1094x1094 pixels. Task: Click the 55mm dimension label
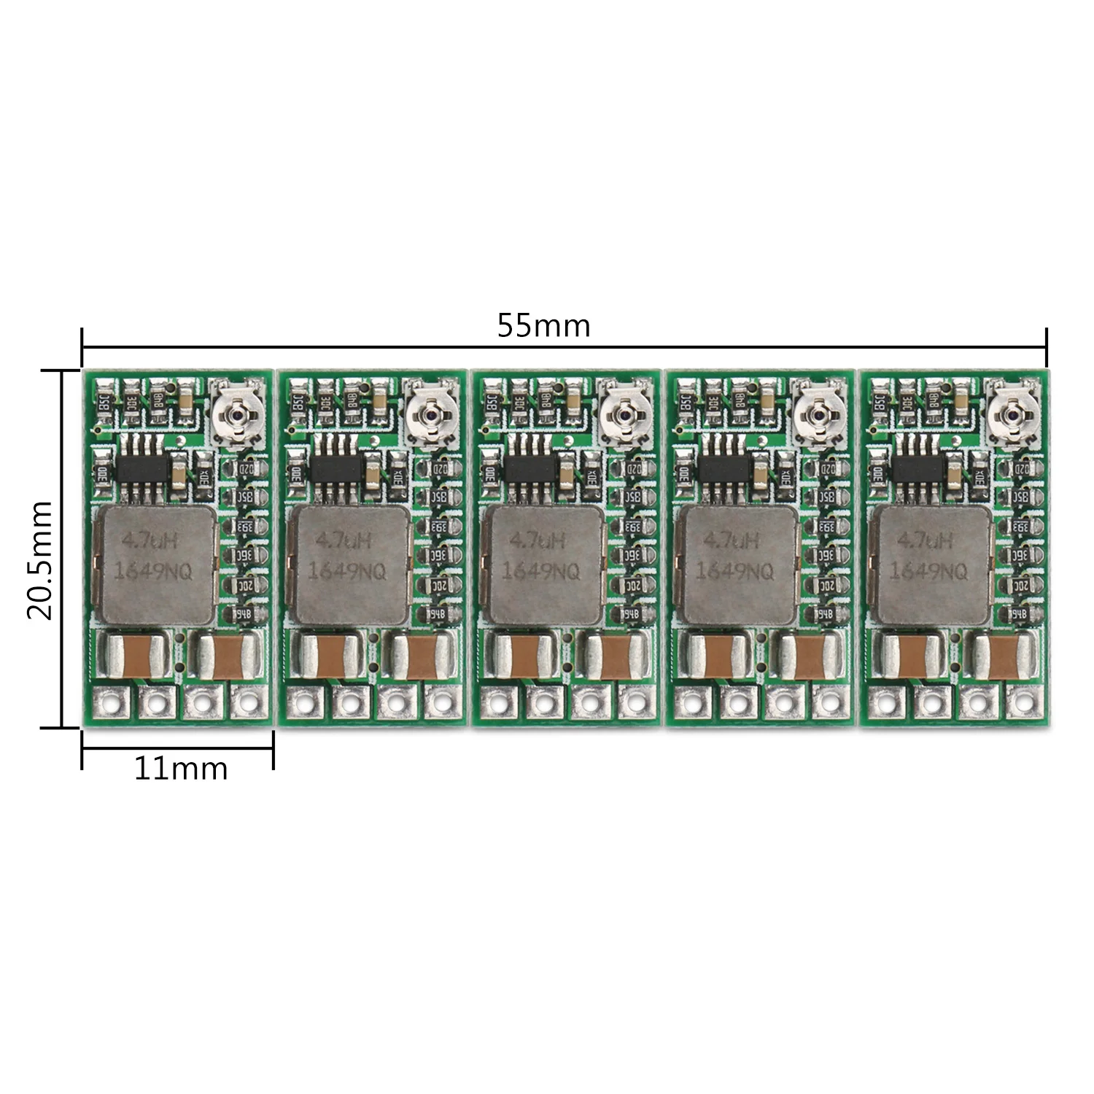pyautogui.click(x=543, y=325)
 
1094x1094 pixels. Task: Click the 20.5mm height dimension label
pyautogui.click(x=40, y=559)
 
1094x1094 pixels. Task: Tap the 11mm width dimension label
pyautogui.click(x=180, y=768)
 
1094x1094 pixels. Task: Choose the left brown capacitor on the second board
pyautogui.click(x=327, y=654)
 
